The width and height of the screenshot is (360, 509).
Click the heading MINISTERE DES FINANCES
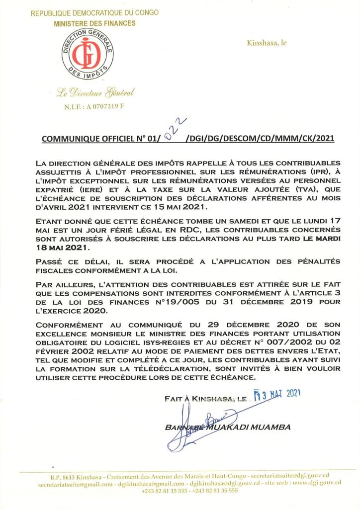[x=94, y=23]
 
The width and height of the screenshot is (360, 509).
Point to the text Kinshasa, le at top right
[x=267, y=43]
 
